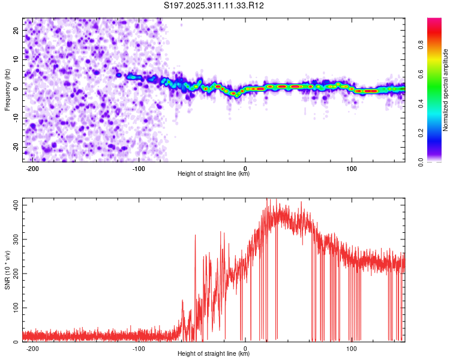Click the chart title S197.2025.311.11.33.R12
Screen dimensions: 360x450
point(214,5)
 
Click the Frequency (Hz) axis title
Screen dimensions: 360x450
point(7,89)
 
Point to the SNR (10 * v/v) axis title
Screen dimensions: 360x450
point(7,270)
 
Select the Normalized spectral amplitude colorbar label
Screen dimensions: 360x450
point(445,90)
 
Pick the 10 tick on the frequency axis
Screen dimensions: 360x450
point(17,59)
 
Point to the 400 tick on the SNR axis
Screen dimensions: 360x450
point(14,205)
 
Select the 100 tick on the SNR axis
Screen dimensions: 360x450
point(14,308)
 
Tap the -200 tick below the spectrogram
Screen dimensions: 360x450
point(32,169)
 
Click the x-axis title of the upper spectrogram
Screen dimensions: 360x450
point(214,175)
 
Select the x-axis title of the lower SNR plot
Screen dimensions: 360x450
point(214,354)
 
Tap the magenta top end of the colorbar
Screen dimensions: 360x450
point(434,21)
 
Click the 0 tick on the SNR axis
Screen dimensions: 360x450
point(18,342)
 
